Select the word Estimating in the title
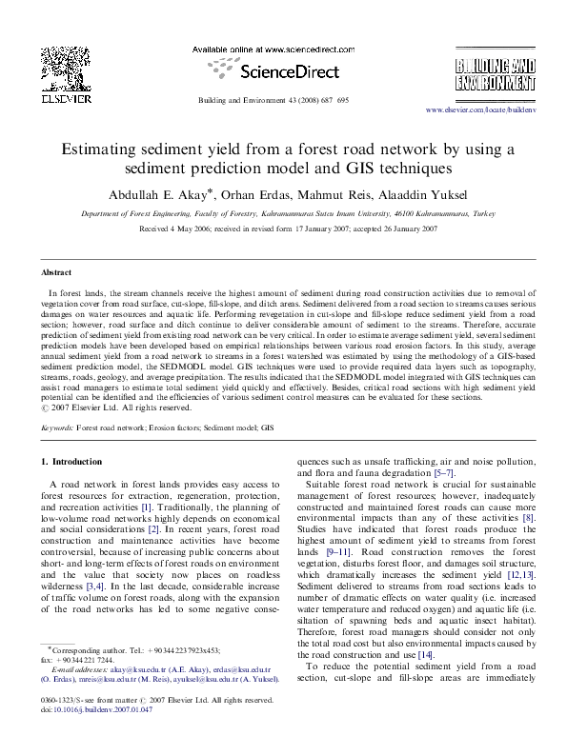coord(98,149)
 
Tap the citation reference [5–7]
coord(436,473)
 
